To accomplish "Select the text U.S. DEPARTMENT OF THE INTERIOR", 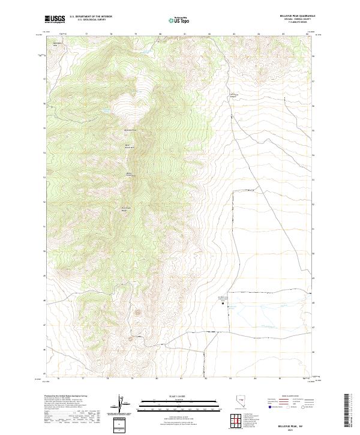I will pos(91,16).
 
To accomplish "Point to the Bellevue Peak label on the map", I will pos(130,130).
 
